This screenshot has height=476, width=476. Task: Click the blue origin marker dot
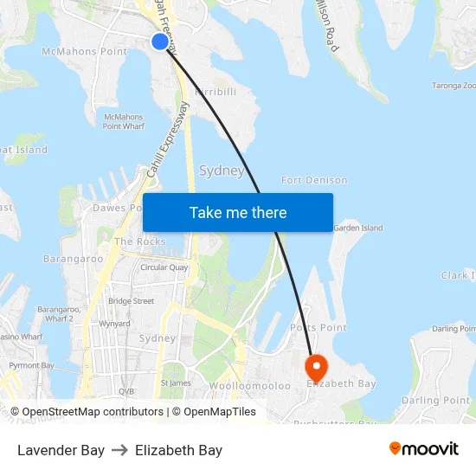point(160,42)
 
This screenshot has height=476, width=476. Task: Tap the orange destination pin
point(317,368)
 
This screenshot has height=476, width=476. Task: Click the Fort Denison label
point(314,180)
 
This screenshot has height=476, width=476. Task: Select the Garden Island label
point(357,228)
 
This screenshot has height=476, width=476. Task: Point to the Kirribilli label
point(215,91)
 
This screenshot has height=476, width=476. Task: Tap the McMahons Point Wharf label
point(123,121)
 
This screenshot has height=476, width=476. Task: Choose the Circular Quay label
point(164,267)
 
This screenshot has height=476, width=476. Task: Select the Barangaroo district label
point(74,258)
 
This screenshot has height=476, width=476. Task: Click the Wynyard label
point(114,324)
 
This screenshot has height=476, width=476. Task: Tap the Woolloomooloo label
point(250,385)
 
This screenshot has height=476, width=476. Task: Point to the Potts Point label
point(318,328)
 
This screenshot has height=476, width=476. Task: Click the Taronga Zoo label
point(454,86)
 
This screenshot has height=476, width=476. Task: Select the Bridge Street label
point(132,301)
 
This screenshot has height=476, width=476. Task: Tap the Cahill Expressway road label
point(167,140)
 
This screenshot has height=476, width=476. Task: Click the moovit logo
point(424,449)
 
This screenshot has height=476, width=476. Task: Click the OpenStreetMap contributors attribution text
point(90,412)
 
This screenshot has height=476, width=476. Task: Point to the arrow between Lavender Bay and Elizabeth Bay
point(119,450)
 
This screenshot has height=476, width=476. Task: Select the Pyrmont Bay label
point(31,365)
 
